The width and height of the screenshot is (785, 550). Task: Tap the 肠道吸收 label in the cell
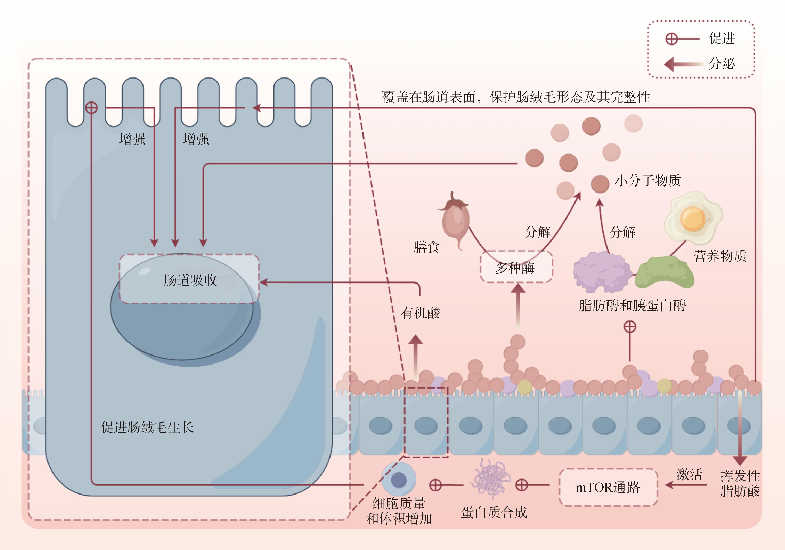190,280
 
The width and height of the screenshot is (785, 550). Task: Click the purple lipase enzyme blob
602,272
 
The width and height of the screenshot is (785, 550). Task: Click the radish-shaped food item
455,219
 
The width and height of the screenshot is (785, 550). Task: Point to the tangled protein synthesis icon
491,479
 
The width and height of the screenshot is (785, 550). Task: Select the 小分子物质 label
647,181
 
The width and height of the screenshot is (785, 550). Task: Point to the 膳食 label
426,247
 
